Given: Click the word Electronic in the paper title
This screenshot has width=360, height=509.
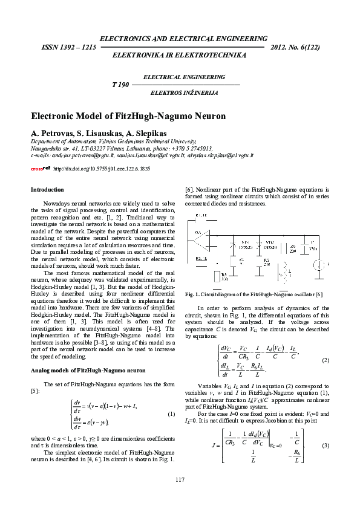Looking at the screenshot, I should [56, 115].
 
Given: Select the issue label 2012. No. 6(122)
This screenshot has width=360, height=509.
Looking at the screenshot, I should [296, 47].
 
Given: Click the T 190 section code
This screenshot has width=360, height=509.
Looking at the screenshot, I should [121, 85].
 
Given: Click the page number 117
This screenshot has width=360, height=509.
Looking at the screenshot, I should [180, 480].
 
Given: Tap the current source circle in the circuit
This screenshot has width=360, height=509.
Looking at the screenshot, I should [317, 264].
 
